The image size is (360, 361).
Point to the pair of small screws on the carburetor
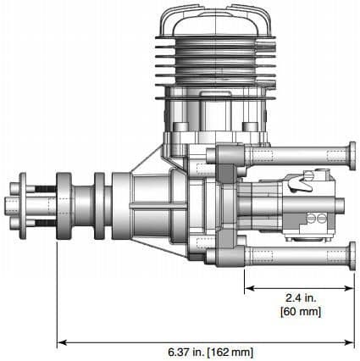[x=311, y=219]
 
